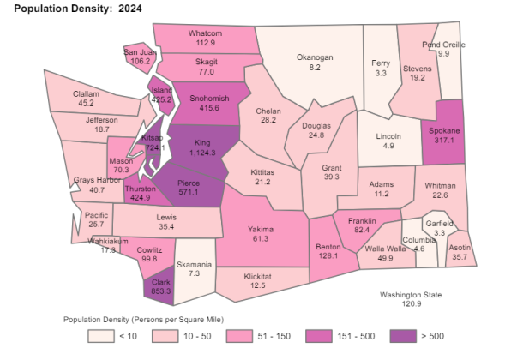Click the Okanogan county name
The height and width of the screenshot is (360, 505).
coord(314,57)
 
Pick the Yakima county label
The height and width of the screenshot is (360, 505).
coord(260,230)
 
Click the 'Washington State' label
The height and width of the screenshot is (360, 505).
coord(412,295)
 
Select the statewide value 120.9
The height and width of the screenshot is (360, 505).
coord(412,304)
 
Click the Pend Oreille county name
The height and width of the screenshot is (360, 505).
coord(443,44)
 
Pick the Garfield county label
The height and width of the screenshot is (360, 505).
coord(438,223)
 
